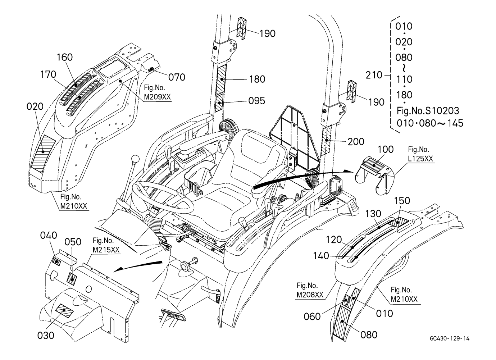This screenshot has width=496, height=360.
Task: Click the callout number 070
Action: (177, 77)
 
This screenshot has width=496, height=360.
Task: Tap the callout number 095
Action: (257, 101)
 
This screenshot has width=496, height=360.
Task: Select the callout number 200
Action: (356, 142)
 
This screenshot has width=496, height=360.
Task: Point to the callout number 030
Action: (46, 335)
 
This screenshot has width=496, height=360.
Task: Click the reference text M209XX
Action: (157, 97)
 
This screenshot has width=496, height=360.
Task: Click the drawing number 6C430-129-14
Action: (449, 338)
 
